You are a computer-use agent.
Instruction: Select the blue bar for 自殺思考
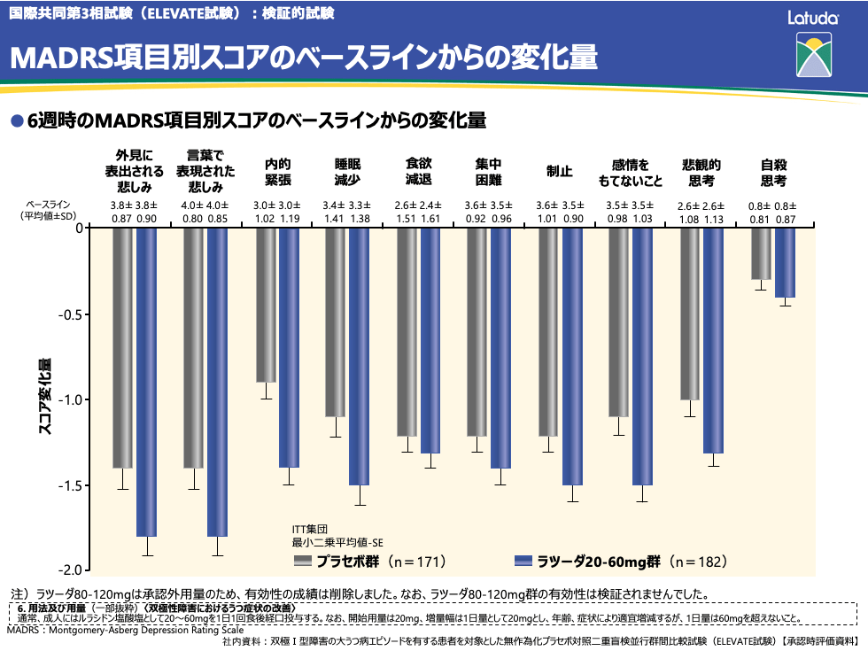786,262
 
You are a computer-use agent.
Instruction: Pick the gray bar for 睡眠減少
335,322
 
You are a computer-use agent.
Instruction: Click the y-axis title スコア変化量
44,396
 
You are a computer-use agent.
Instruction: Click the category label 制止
560,172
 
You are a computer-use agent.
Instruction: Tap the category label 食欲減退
418,172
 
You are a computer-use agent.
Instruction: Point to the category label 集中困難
489,172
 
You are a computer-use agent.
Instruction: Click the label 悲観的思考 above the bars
701,172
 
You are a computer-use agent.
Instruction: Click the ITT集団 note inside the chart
311,529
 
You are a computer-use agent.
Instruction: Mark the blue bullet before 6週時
15,120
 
